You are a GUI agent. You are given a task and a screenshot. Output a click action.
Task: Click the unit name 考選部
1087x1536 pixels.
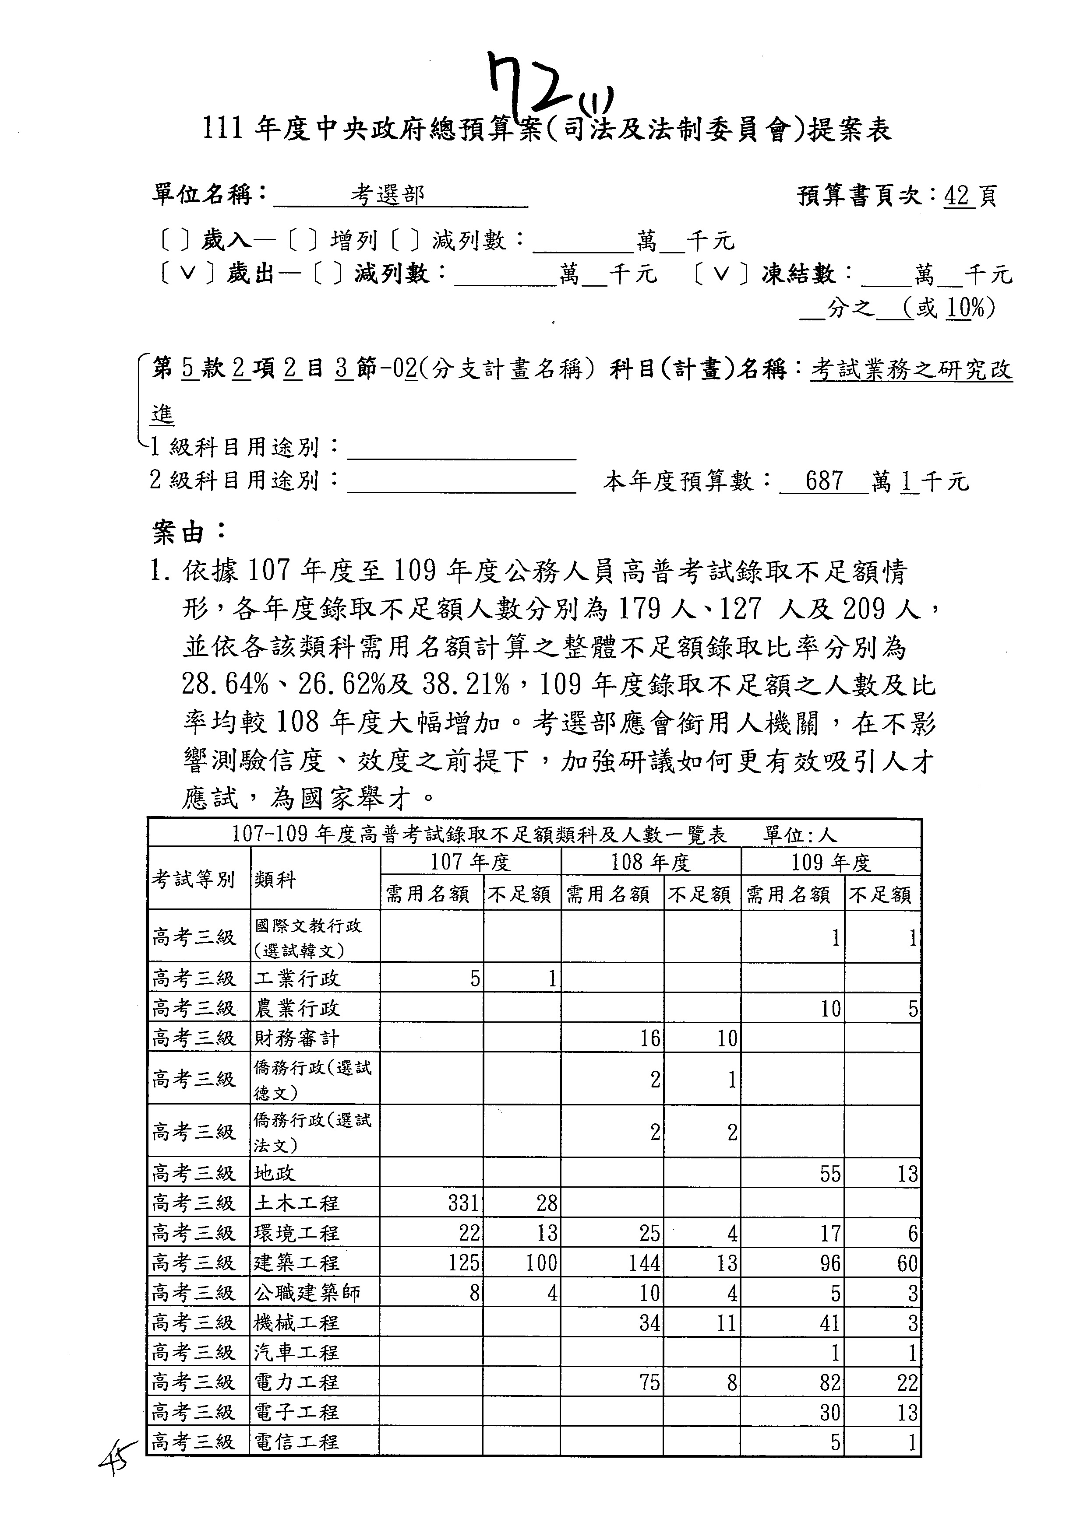click(x=388, y=195)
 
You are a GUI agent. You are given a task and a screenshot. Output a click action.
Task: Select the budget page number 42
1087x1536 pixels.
click(x=957, y=195)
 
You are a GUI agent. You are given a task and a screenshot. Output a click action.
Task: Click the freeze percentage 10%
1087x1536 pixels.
click(x=965, y=308)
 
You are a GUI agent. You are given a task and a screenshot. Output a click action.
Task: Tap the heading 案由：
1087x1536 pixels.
click(x=189, y=533)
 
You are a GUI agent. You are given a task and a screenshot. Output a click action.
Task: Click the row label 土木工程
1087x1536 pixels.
click(x=296, y=1203)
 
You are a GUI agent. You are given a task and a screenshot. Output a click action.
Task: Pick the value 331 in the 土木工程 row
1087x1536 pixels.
click(x=463, y=1203)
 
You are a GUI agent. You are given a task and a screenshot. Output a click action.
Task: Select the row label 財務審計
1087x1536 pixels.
click(x=296, y=1038)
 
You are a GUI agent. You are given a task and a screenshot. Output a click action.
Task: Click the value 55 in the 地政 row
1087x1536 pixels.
click(x=830, y=1174)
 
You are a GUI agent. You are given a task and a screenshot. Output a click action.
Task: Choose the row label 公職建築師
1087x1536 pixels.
click(x=307, y=1293)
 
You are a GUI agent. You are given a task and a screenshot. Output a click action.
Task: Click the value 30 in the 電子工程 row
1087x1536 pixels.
click(x=830, y=1412)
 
